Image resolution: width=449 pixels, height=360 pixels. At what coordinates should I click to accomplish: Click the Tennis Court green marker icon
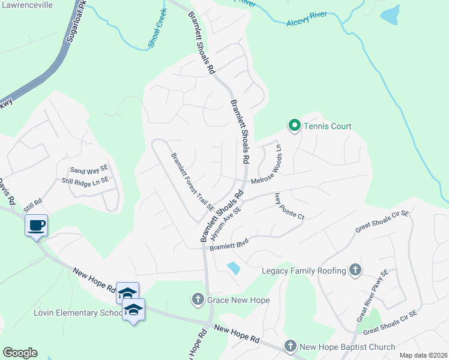pos(294,125)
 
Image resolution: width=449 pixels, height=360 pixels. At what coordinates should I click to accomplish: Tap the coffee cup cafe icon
pos(36,226)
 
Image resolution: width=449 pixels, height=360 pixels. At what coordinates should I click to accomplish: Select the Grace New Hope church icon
pos(198,299)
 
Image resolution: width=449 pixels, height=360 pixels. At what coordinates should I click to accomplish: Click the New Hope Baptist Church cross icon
pos(291,346)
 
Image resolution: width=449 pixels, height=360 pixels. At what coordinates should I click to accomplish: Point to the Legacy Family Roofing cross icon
pos(355,270)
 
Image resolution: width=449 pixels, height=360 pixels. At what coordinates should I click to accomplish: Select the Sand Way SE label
pos(89,170)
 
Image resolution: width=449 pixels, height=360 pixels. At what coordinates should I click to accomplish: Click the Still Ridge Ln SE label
pos(85,180)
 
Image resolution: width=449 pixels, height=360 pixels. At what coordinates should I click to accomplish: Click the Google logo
pos(20,353)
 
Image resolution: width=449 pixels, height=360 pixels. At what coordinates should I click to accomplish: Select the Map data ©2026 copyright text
pos(423,355)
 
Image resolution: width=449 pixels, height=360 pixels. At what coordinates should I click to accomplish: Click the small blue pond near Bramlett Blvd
pos(234,268)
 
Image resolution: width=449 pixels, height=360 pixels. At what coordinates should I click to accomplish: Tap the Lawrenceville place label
pos(26,5)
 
